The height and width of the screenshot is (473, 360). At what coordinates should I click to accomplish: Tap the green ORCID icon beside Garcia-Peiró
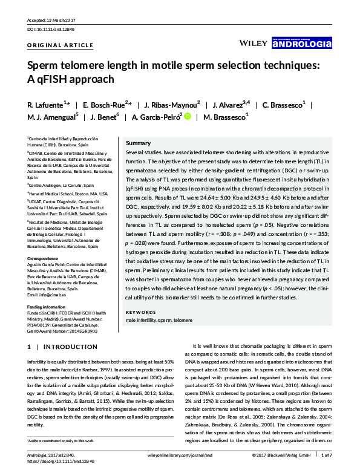coord(188,117)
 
